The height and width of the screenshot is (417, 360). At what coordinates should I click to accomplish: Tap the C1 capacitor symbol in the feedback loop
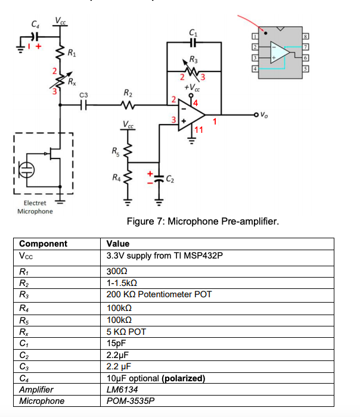click(192, 42)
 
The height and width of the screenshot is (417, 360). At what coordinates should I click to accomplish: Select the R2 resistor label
click(127, 93)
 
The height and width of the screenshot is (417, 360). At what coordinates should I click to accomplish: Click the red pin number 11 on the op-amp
click(198, 129)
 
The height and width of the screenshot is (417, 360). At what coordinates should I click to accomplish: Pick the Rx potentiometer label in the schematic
click(72, 81)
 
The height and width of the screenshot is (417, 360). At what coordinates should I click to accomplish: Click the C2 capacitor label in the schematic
click(170, 178)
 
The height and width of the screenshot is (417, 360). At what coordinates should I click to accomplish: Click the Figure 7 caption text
click(203, 222)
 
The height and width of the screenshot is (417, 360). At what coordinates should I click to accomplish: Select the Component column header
click(43, 244)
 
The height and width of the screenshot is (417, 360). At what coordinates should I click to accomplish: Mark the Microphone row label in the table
click(42, 401)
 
